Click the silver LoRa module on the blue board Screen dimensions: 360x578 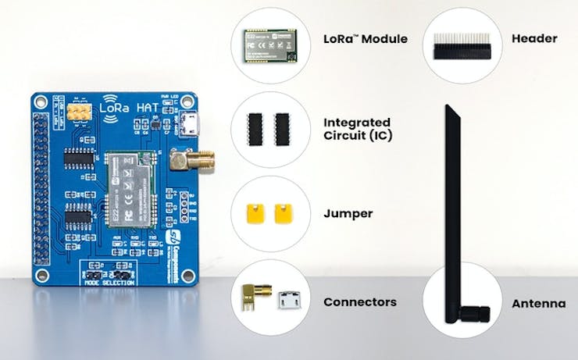point(130,185)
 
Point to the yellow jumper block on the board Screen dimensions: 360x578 point(77,114)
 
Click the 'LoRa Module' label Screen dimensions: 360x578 point(365,39)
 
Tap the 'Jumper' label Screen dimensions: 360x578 point(348,212)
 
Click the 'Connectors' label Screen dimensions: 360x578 point(359,301)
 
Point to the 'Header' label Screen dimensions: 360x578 point(533,38)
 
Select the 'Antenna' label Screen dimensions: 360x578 point(538,303)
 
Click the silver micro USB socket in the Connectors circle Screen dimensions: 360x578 point(287,300)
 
